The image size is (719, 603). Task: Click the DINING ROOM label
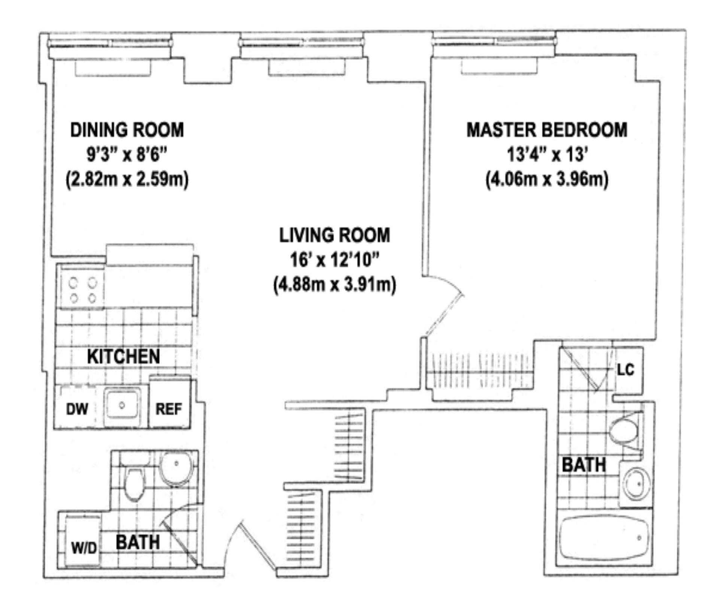[x=127, y=130]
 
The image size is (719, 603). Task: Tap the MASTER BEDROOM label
[x=547, y=130]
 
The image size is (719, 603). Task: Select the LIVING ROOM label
[x=334, y=235]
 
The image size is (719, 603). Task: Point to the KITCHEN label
[x=123, y=356]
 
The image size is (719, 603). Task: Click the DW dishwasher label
[x=77, y=409]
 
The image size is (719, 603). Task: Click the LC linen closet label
[x=625, y=370]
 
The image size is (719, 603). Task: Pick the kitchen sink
[x=122, y=405]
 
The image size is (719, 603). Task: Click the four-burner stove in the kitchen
[x=83, y=289]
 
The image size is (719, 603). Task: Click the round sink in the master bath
[x=636, y=484]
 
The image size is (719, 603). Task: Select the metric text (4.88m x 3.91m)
[x=334, y=285]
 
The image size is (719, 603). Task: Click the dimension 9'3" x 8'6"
[x=127, y=154]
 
